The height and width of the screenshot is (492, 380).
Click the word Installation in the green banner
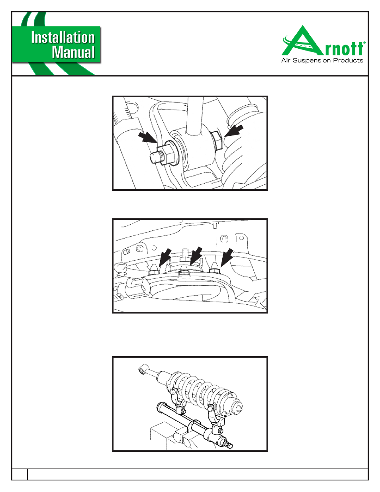[x=63, y=37]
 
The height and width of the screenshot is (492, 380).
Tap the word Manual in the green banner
[x=73, y=52]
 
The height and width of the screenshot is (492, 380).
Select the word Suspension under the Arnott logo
[x=313, y=61]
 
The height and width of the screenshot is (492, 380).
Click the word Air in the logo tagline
[x=286, y=60]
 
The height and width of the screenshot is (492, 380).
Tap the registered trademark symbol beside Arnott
[x=364, y=42]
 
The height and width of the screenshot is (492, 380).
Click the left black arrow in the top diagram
[x=148, y=138]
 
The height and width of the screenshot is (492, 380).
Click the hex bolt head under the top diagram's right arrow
[x=217, y=140]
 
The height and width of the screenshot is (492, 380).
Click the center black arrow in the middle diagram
[x=196, y=256]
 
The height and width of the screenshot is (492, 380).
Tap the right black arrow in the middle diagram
[x=227, y=257]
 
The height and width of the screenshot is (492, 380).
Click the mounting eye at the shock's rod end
[x=142, y=370]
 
